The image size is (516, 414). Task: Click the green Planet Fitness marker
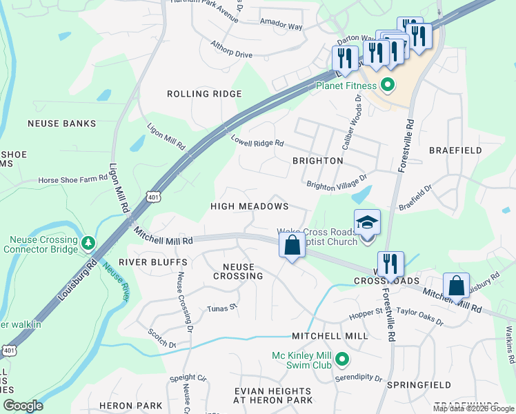[387, 86]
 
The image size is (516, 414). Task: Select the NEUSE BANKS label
[61, 124]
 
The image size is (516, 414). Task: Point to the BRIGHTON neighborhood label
[317, 160]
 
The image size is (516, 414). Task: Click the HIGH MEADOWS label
[249, 206]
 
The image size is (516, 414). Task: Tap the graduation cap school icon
[367, 223]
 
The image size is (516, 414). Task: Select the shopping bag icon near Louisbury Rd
[456, 285]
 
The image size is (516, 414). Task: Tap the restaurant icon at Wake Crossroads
[390, 263]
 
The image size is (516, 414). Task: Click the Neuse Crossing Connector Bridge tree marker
[88, 242]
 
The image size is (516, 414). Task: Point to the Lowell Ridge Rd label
[257, 141]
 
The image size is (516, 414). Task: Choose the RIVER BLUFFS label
[153, 262]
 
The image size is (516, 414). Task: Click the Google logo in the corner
[23, 406]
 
